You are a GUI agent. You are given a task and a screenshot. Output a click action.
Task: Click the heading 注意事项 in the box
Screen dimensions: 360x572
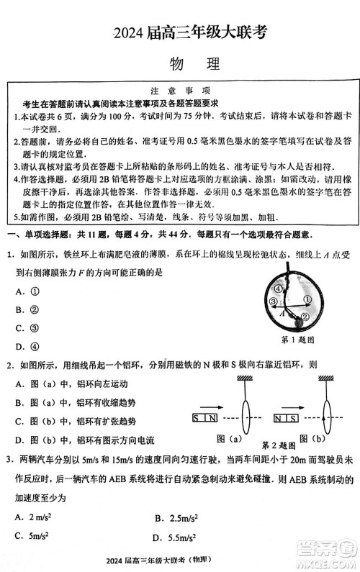(x=180, y=91)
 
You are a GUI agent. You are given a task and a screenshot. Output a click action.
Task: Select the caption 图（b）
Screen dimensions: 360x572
(x=314, y=438)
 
